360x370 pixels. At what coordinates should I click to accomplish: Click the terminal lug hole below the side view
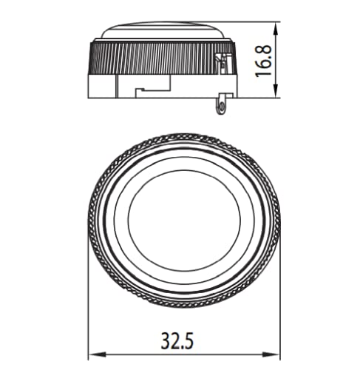[x=220, y=107]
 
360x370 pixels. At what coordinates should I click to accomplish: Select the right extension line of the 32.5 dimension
[x=282, y=296]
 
